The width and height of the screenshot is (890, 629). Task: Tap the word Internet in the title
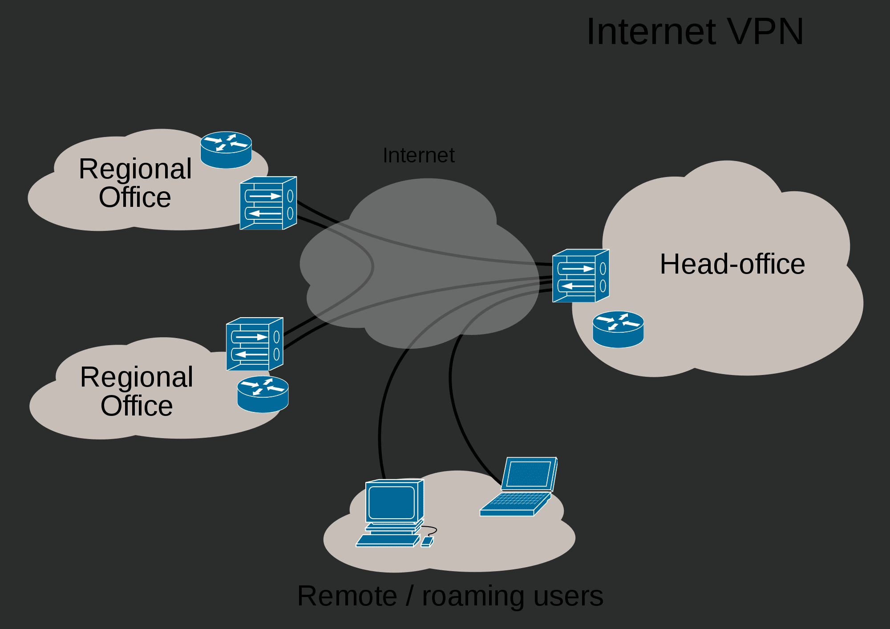coord(652,32)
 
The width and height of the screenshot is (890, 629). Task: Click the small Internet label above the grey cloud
coord(419,155)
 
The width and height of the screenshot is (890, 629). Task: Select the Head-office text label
coord(732,264)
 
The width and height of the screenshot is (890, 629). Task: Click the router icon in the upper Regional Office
coord(226,150)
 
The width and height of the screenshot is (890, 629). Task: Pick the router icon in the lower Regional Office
coord(263,394)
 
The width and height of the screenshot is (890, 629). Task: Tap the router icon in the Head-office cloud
coord(618,329)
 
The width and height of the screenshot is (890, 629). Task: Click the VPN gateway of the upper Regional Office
coord(268,203)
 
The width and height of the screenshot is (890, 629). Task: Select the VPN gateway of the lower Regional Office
coord(255,344)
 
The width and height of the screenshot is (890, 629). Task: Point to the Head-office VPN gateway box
coord(581,276)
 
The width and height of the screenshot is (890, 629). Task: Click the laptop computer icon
coord(519,487)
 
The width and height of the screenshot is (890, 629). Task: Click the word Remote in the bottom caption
coord(347,596)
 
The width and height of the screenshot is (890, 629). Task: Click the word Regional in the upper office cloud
coord(135,169)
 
